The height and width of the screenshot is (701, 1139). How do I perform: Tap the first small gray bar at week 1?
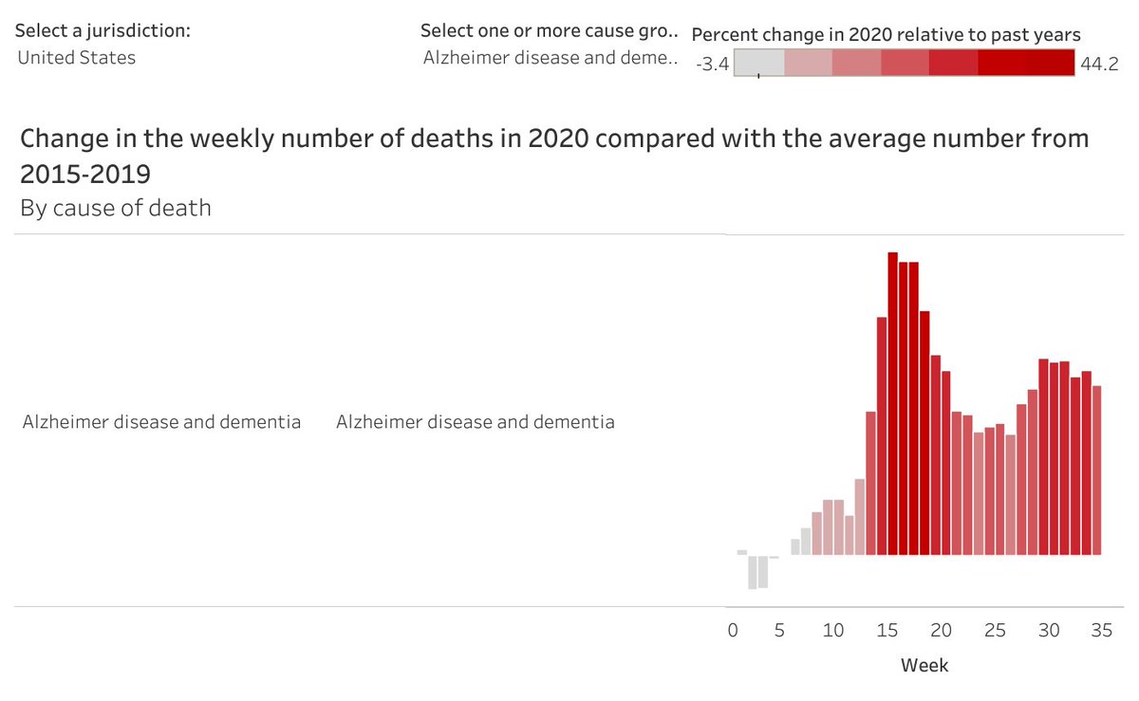tap(742, 552)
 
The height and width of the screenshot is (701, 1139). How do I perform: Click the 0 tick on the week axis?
tap(732, 631)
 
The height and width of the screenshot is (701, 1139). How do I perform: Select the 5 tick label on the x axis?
tap(779, 631)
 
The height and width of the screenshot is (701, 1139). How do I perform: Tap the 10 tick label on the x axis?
tap(833, 631)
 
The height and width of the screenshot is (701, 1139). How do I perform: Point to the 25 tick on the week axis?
tap(994, 631)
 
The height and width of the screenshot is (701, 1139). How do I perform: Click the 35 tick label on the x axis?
tap(1101, 631)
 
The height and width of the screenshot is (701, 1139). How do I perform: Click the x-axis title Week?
tap(924, 666)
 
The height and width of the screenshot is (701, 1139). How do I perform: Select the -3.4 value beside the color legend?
tap(712, 65)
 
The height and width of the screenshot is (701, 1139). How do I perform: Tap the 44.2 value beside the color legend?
tap(1099, 65)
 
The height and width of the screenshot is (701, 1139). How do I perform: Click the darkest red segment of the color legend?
tap(1026, 63)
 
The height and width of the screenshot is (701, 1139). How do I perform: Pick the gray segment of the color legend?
tap(759, 63)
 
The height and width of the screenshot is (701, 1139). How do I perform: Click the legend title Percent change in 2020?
tap(886, 35)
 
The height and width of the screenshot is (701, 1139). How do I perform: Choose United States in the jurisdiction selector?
tap(77, 58)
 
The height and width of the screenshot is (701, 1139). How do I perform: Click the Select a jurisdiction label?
tap(103, 30)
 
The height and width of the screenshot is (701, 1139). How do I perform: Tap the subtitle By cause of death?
tap(116, 208)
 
